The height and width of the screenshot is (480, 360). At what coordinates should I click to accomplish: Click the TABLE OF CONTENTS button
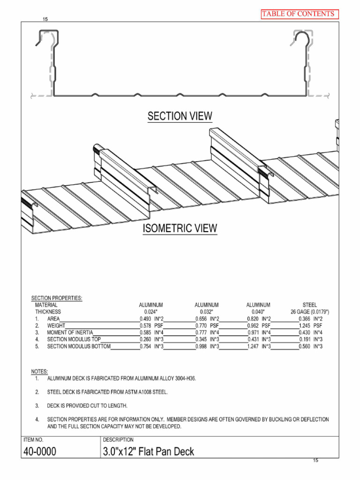[299, 14]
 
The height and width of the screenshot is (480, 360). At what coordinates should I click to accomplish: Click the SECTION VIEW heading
[180, 116]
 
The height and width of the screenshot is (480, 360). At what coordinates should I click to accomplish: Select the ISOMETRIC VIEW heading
[180, 228]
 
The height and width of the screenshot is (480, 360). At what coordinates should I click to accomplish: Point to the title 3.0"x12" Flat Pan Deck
[148, 452]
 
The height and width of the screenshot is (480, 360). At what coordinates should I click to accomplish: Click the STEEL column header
[310, 305]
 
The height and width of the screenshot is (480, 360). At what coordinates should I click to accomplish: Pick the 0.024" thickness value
[150, 311]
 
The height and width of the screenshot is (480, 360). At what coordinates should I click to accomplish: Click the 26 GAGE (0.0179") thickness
[310, 311]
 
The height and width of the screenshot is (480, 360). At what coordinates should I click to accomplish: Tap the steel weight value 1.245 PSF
[310, 325]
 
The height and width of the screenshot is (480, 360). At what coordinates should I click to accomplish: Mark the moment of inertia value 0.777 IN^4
[207, 332]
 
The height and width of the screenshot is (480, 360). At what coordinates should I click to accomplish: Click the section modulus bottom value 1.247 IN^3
[259, 346]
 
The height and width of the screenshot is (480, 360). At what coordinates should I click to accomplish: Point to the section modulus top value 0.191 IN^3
[310, 339]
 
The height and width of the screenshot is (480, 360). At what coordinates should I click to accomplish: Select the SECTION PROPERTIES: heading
[57, 298]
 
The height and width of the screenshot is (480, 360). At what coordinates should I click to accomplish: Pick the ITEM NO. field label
[33, 440]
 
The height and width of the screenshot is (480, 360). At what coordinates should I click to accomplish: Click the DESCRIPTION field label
[119, 440]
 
